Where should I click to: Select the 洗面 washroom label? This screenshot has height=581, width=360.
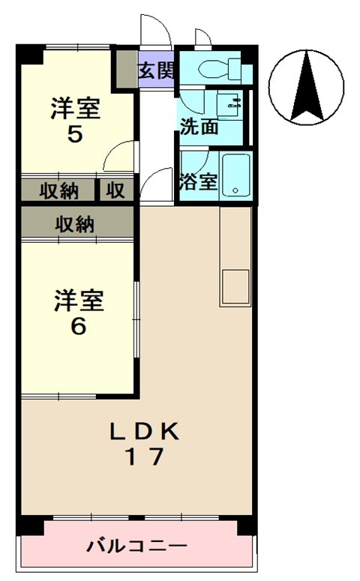pos(198,127)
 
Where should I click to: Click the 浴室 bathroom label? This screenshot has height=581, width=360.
pos(198,182)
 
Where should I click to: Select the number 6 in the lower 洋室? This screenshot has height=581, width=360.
pos(77,328)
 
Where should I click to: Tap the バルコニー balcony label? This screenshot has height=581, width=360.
pos(136,545)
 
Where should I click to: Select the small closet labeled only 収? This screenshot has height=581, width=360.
pos(115,190)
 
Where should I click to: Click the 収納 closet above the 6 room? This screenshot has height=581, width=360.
pos(74,223)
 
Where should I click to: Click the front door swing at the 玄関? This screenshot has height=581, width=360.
pos(156,32)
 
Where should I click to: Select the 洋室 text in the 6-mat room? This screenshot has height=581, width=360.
pos(77,301)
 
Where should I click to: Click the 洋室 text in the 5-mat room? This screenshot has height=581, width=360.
pos(75,109)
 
